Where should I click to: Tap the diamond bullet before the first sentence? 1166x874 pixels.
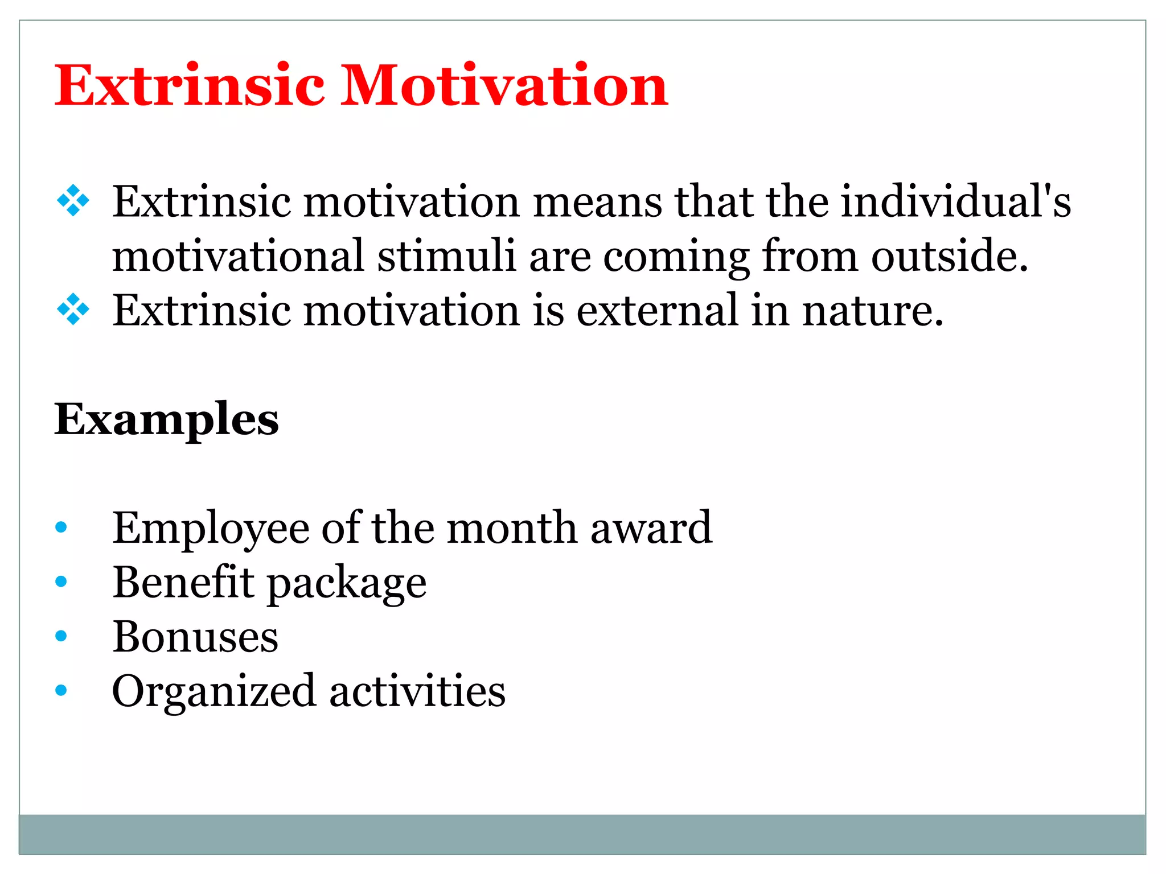[73, 200]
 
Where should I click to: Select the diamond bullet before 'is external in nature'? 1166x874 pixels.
[73, 310]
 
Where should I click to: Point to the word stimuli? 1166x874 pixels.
[446, 256]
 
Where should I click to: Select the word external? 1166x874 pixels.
[657, 311]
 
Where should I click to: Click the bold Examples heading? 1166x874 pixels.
[166, 420]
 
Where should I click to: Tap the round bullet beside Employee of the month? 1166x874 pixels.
[61, 527]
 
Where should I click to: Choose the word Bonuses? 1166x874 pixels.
[195, 636]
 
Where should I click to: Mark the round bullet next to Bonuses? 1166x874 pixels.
[61, 636]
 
